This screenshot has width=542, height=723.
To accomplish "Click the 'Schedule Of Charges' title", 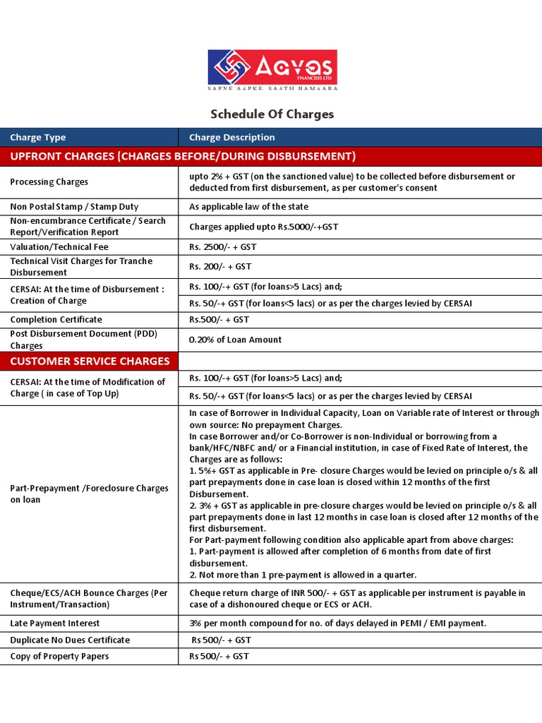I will (272, 114).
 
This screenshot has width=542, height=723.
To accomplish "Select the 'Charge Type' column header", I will (38, 138).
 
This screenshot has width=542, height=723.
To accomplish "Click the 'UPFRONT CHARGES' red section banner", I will (183, 156).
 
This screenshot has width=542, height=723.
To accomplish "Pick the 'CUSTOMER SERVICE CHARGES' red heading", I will (90, 361).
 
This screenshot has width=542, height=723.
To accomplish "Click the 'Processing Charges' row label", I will (49, 181).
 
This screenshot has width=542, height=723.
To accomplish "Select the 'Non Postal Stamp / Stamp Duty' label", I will (74, 207).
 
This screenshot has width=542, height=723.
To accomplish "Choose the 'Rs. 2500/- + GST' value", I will (223, 247).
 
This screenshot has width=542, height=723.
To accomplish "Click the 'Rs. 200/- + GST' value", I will (220, 267).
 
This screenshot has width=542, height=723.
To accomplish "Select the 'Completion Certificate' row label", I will (56, 320).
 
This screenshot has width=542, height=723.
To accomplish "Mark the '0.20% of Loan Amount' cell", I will (236, 340).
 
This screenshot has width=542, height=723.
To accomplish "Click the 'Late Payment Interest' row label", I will (55, 623).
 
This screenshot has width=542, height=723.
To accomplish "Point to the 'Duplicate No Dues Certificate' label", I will (70, 640).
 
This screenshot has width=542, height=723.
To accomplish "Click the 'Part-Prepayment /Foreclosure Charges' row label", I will (90, 494).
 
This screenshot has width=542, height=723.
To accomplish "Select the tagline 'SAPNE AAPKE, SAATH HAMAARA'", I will (272, 88).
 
